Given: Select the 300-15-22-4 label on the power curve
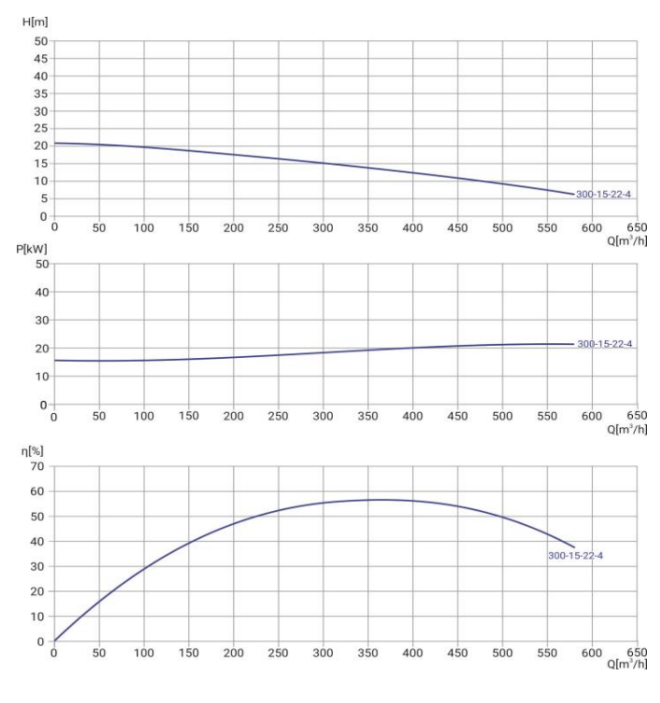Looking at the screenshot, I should coord(605,344).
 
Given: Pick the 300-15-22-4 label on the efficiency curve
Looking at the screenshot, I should coord(576,557).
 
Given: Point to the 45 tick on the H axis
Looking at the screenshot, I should coord(40,59).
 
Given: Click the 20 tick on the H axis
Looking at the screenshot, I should coord(40,146).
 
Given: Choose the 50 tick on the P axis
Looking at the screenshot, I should coord(40,264).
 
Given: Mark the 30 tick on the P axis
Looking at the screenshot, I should coord(40,320).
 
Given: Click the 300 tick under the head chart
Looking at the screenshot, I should coord(323,227).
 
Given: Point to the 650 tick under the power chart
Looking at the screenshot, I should coord(637,416).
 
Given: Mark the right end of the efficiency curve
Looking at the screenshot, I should coord(574,547).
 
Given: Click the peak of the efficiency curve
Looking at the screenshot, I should coord(342,500).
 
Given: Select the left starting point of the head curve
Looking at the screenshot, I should coord(55,143).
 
